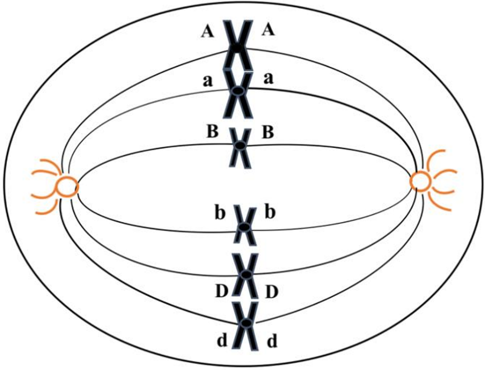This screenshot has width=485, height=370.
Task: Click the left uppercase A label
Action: click(206, 32)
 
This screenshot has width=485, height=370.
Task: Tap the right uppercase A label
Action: click(269, 31)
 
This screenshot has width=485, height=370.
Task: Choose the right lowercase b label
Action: click(270, 213)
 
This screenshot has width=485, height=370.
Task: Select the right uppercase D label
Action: click(270, 291)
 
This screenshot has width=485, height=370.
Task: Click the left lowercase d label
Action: click(221, 341)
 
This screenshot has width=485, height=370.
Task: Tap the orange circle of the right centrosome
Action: click(420, 181)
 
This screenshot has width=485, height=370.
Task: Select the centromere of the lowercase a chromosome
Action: click(239, 91)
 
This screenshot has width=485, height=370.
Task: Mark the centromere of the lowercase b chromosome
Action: click(245, 228)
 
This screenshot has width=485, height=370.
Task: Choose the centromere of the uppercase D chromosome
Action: click(245, 275)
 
